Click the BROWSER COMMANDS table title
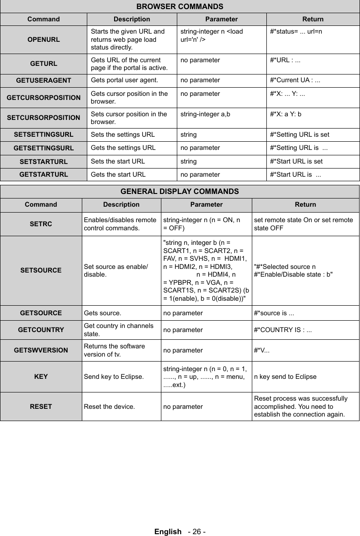click(x=180, y=6)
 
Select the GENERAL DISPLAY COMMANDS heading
click(x=180, y=191)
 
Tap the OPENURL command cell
click(x=44, y=40)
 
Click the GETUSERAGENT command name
click(x=44, y=81)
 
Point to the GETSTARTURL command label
click(x=44, y=174)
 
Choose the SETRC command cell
click(x=41, y=224)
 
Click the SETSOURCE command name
click(x=41, y=270)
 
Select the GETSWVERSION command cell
click(x=41, y=350)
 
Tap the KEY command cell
click(x=41, y=377)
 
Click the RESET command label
click(x=41, y=407)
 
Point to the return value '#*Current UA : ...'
click(x=295, y=81)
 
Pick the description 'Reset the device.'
click(x=109, y=407)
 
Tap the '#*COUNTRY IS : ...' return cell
click(x=283, y=329)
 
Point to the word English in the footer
click(x=167, y=531)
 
